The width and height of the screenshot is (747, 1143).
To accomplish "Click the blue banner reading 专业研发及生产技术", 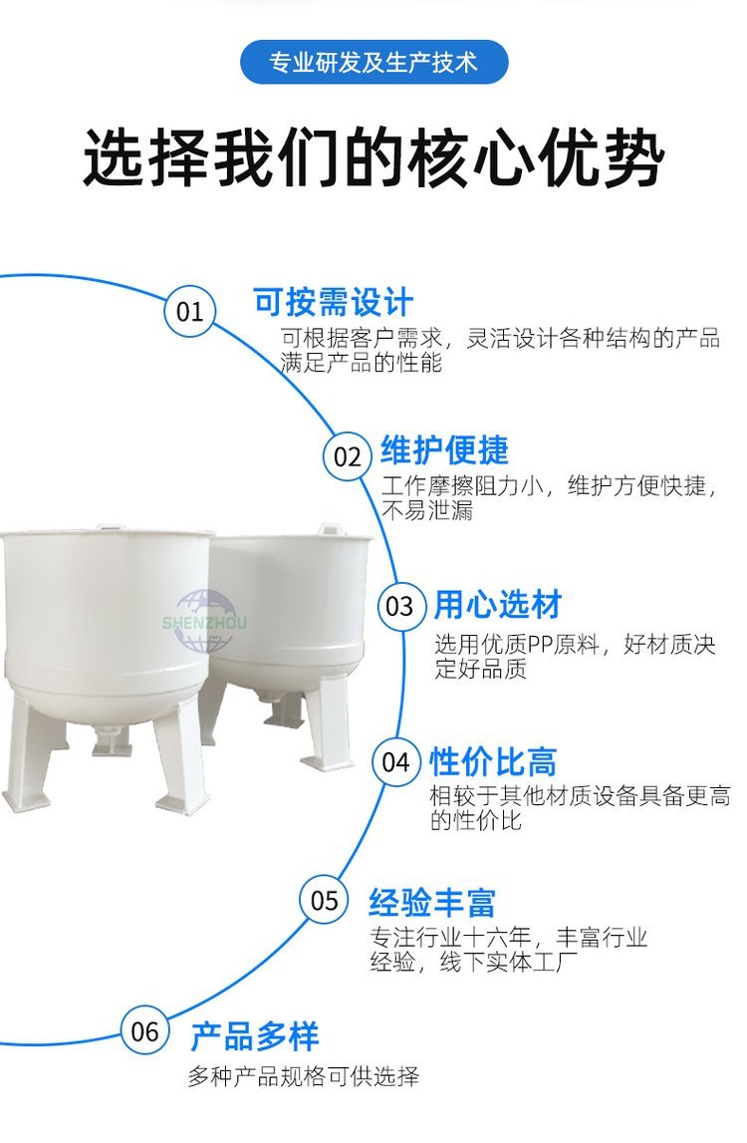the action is coord(373,62).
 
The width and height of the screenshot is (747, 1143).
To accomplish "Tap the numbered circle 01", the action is coord(189,311).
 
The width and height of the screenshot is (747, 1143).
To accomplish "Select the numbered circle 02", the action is coord(348,457).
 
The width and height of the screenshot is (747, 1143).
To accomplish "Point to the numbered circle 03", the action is coord(400,606).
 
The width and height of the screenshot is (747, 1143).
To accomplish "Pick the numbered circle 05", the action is coord(325,900).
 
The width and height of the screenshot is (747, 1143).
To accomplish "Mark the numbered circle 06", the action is coord(144,1030).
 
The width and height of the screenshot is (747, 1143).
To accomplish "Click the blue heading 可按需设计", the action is coord(333,302).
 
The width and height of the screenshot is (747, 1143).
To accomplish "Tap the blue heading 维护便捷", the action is coord(444,449).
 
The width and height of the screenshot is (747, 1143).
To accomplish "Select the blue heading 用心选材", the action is coord(498,605).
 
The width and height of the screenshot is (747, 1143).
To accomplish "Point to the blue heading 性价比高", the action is coord(493,762).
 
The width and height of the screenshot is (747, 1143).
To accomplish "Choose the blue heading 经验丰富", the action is coord(432,903).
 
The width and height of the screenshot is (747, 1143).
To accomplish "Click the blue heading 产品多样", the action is coord(254,1036).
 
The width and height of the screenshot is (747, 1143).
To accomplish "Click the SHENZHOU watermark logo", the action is coord(205,621).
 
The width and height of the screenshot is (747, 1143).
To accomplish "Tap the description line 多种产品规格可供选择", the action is coord(304,1076).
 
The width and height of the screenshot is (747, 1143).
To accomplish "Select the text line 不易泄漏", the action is coord(428,510).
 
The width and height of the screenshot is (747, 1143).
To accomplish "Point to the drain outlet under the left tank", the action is coord(112,742).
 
